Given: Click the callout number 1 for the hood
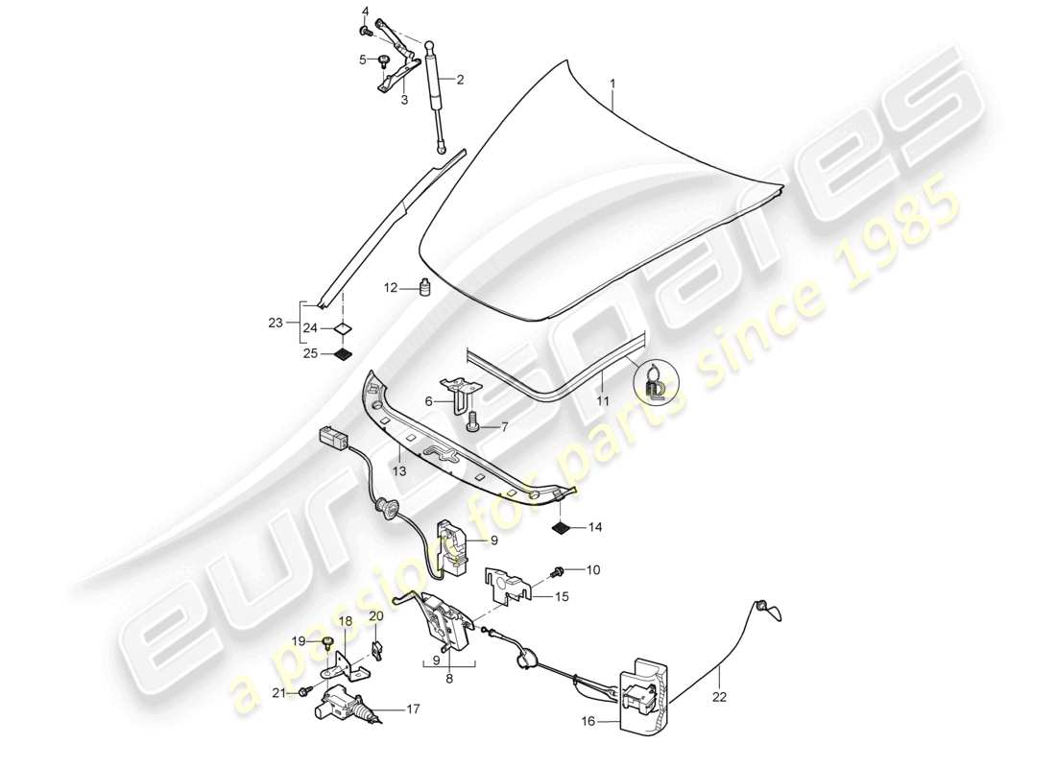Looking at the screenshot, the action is [x=612, y=84].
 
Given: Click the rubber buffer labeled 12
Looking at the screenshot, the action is [x=422, y=287].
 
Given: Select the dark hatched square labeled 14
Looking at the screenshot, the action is [x=562, y=526].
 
